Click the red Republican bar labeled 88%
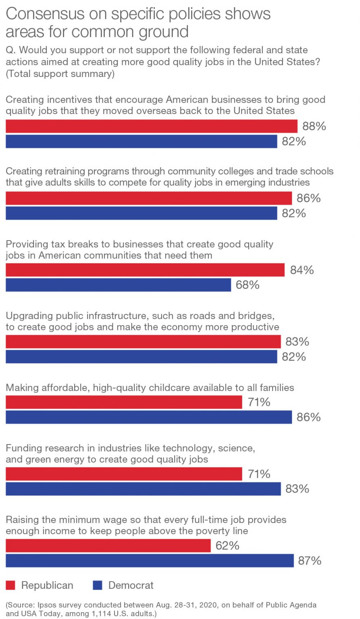151,126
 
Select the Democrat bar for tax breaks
118,285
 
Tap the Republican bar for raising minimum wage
108,546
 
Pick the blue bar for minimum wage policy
150,561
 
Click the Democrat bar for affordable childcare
148,417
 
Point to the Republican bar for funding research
124,474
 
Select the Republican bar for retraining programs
148,198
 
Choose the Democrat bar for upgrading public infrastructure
141,357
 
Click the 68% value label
248,285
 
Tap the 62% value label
227,546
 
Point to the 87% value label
310,561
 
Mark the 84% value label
302,270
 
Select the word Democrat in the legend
131,585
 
